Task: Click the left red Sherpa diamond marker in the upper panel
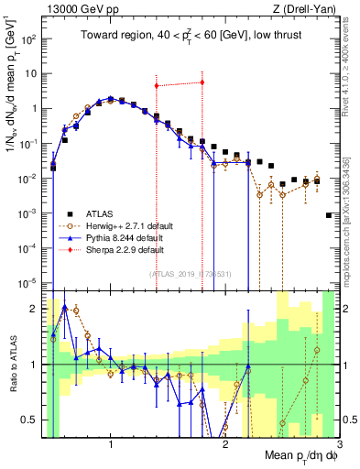[x=157, y=86]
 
